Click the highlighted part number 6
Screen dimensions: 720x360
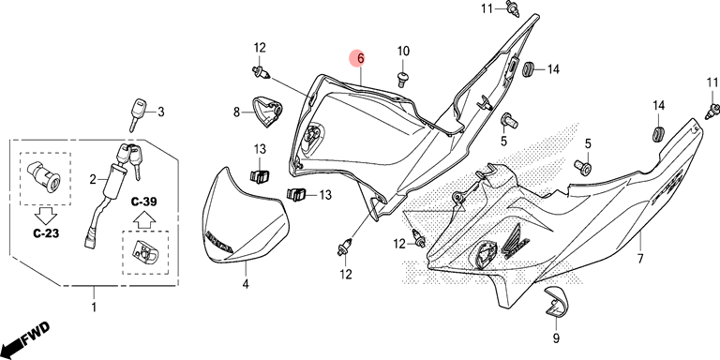coord(360,59)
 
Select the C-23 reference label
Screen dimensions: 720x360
coord(45,232)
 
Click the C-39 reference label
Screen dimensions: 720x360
coord(143,202)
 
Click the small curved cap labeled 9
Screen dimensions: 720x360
coord(557,302)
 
